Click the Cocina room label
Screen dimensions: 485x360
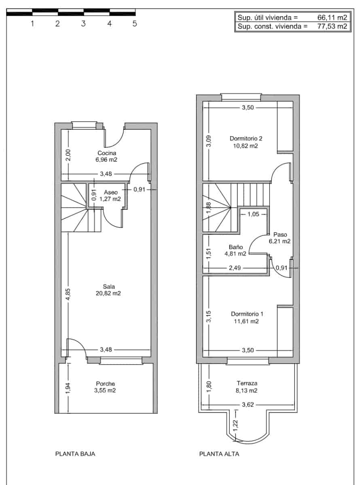coord(107,153)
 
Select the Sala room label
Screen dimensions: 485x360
coord(106,287)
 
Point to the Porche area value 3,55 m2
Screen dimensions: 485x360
coord(105,390)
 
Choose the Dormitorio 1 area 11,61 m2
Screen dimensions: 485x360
coord(245,321)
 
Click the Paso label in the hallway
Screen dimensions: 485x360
coord(280,234)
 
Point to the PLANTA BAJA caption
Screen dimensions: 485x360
coord(75,454)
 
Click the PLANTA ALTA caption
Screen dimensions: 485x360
coord(219,454)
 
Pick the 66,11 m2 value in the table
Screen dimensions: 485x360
coord(332,17)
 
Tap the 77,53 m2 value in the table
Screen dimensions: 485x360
coord(332,27)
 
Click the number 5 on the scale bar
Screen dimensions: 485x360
coord(135,24)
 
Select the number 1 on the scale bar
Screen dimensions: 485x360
coord(32,24)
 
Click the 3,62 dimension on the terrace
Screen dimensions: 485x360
coord(248,405)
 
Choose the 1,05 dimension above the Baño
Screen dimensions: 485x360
coord(253,214)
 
